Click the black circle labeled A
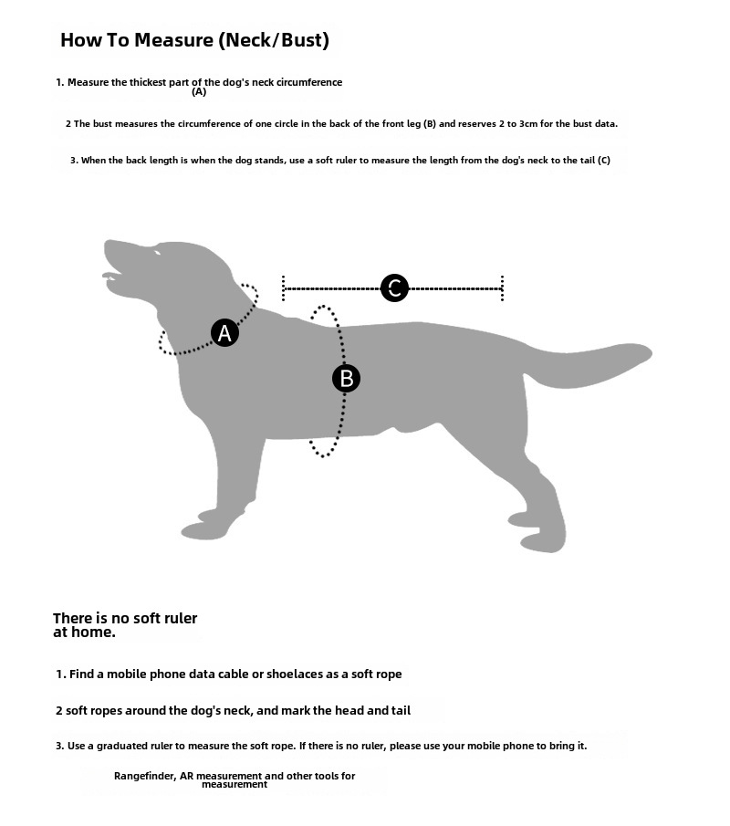point(224,333)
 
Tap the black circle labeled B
point(346,378)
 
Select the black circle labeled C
point(394,288)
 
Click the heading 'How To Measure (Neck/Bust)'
point(194,40)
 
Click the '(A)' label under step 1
point(199,91)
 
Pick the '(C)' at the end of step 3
point(603,161)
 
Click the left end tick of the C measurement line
point(284,288)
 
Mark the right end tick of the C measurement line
point(502,288)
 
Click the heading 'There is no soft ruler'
point(125,618)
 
